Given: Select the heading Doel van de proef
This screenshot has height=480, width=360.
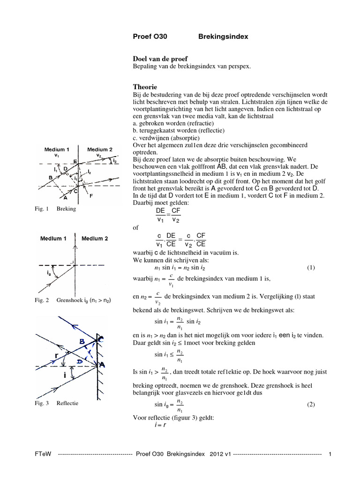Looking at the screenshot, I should (x=161, y=59).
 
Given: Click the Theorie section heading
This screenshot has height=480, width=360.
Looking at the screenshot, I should (x=145, y=87).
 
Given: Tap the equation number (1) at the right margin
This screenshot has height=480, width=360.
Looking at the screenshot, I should (x=311, y=268).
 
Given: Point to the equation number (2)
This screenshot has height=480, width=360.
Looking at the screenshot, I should (x=311, y=404).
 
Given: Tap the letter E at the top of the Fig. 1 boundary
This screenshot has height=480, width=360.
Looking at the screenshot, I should (x=75, y=161).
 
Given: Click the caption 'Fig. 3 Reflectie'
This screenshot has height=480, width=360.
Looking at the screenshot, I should (x=58, y=403).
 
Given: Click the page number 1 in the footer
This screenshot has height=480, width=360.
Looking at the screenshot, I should (x=330, y=454).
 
